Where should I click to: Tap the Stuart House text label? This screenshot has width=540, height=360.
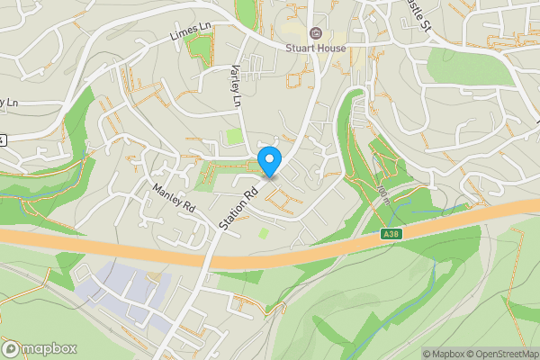pos(315,48)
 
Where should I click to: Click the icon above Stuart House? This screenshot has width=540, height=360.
pos(315,33)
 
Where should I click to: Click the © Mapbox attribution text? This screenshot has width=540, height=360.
pos(445,354)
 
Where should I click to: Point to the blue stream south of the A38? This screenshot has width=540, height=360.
pos(433,279)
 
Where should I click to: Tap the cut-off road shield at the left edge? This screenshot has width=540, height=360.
pos(3,139)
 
